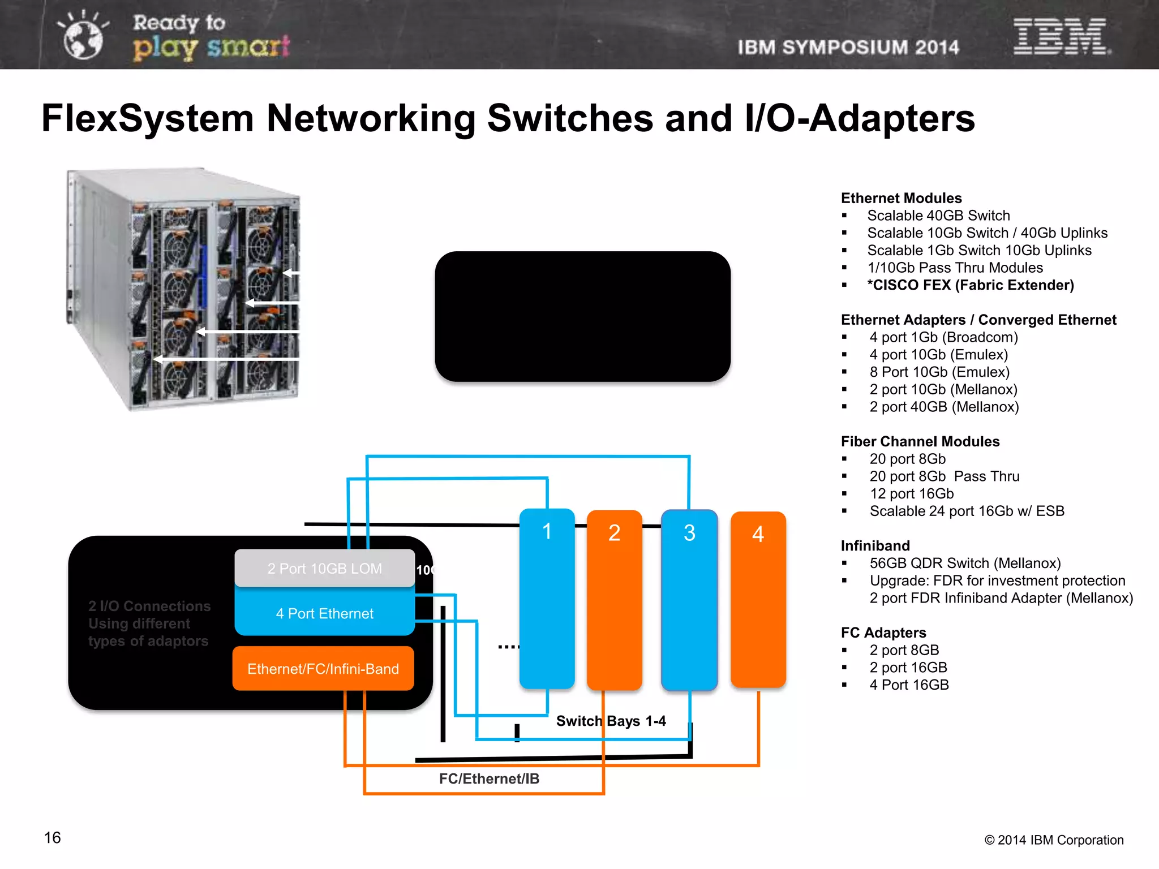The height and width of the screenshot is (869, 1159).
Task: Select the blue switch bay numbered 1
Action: point(547,600)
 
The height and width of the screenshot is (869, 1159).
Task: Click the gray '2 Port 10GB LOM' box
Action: point(324,569)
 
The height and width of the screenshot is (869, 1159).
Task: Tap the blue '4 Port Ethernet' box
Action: point(324,613)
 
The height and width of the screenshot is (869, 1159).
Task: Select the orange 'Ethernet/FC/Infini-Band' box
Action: point(323,669)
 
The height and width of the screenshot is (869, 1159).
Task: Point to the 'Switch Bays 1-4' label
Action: point(611,721)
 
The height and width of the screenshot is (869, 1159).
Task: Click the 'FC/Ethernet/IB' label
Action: point(489,778)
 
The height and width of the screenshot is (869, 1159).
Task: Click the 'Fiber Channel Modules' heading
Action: point(920,441)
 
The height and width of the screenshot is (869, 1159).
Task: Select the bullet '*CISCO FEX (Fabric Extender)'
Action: point(970,285)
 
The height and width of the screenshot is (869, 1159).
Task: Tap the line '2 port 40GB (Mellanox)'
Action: point(944,407)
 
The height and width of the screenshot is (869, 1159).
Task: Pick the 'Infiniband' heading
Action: point(875,545)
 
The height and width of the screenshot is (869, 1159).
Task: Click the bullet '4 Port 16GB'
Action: point(909,685)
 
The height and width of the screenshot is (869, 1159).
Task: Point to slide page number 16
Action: point(52,837)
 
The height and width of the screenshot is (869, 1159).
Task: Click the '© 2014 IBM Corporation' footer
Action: point(1054,840)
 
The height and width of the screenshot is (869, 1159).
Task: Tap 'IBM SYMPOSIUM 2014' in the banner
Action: point(848,48)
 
